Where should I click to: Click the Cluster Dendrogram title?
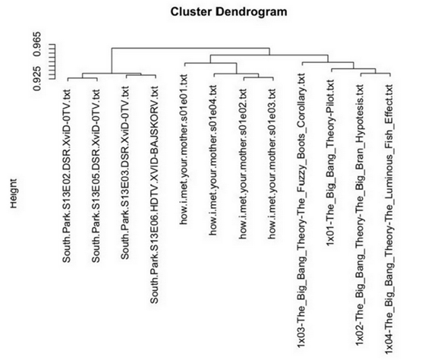coord(228,12)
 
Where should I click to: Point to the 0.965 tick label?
coord(37,44)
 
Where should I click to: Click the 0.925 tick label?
coord(37,78)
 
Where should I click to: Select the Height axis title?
coord(14,193)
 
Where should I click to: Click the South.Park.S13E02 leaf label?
coord(67,176)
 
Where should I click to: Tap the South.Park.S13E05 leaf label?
coord(96,176)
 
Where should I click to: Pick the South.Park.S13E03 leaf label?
coord(125,173)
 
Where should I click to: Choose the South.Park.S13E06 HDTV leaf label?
coord(154,195)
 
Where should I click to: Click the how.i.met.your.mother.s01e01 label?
coord(184,150)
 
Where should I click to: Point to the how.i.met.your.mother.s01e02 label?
coord(242,164)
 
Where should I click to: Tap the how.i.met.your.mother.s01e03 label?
coord(272,164)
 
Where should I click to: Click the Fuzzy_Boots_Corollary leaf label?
coord(301,210)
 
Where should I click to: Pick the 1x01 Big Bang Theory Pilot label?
coord(330,163)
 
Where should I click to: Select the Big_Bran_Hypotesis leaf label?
coord(360,215)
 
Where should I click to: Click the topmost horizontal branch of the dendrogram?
coord(190,49)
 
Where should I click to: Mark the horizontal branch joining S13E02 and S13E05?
coord(83,78)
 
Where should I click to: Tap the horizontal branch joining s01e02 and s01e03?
coord(259,77)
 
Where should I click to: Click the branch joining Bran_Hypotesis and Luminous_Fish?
coord(376,74)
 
